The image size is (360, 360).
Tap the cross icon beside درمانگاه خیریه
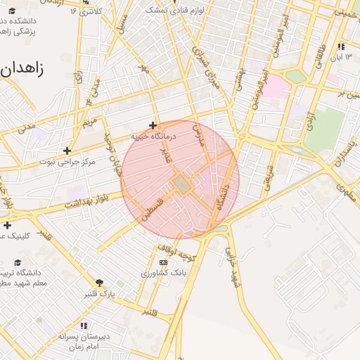(x=153, y=125)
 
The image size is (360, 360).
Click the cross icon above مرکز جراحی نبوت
(x=67, y=150)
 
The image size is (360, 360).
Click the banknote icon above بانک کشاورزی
(x=163, y=262)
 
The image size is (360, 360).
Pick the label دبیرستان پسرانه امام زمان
(x=84, y=342)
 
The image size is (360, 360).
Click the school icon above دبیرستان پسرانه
(x=84, y=326)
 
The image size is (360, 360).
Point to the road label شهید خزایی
(x=233, y=266)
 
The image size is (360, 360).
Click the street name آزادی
(x=307, y=118)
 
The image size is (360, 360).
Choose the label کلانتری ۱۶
(x=89, y=11)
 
